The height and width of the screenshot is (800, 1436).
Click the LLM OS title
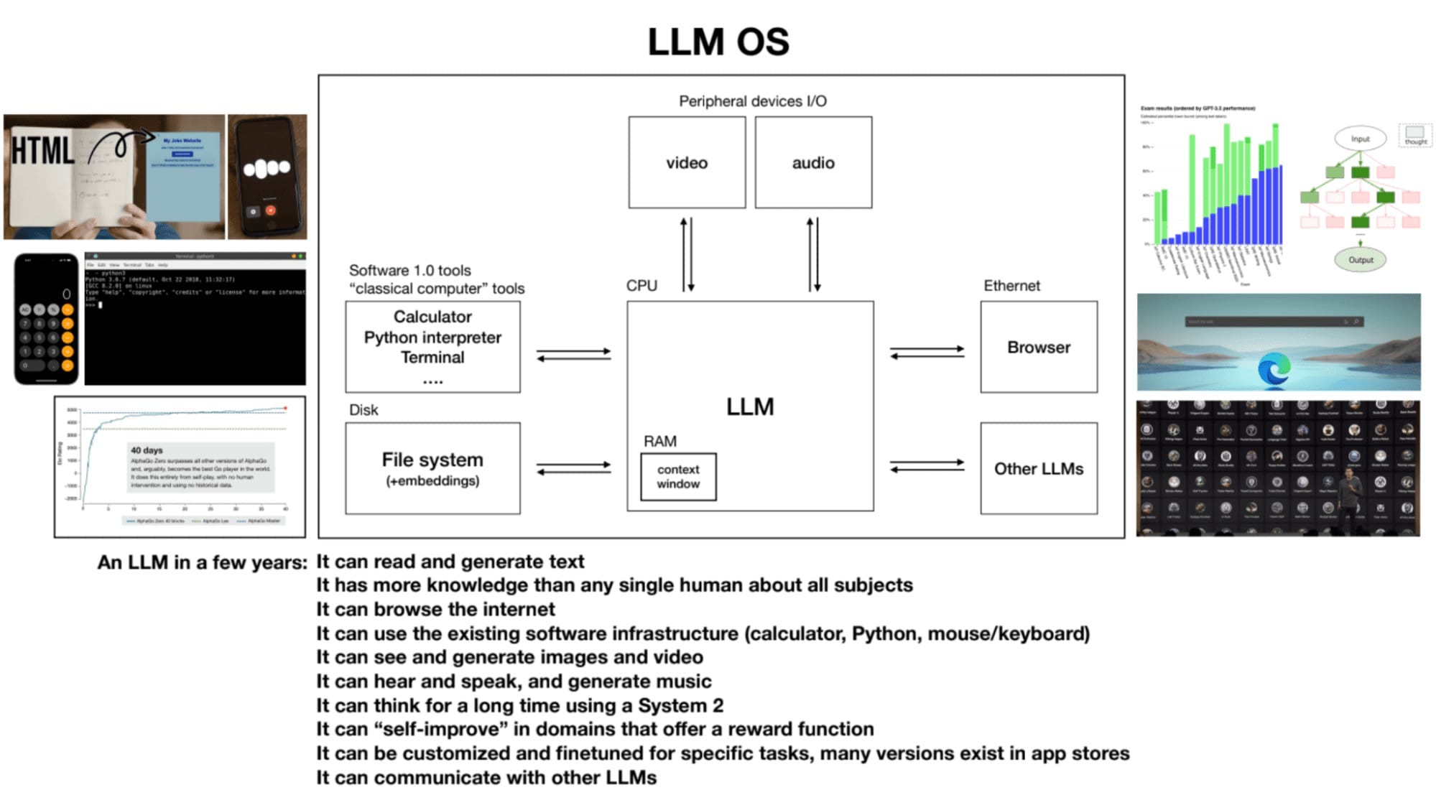(718, 42)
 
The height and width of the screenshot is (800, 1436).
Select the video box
(686, 163)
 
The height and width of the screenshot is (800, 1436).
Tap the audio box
(812, 163)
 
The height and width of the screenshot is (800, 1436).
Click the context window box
(677, 477)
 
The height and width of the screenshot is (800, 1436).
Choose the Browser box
(1038, 347)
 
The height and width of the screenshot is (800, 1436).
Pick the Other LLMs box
(1038, 468)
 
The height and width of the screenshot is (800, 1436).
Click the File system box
(432, 468)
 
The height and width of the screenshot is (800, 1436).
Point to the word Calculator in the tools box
(432, 317)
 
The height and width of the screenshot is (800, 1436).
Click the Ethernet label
(1011, 286)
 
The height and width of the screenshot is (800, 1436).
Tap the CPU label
(641, 286)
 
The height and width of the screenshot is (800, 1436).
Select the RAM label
(659, 441)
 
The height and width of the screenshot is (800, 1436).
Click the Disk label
(363, 410)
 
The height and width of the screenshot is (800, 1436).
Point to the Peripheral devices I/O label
(752, 101)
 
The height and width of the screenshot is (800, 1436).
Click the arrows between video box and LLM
(687, 255)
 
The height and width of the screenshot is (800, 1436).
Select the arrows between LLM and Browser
(927, 353)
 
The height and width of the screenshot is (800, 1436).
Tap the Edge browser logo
(1274, 369)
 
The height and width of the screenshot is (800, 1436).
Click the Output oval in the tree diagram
(1360, 260)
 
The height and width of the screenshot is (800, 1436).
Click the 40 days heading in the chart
(147, 450)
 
